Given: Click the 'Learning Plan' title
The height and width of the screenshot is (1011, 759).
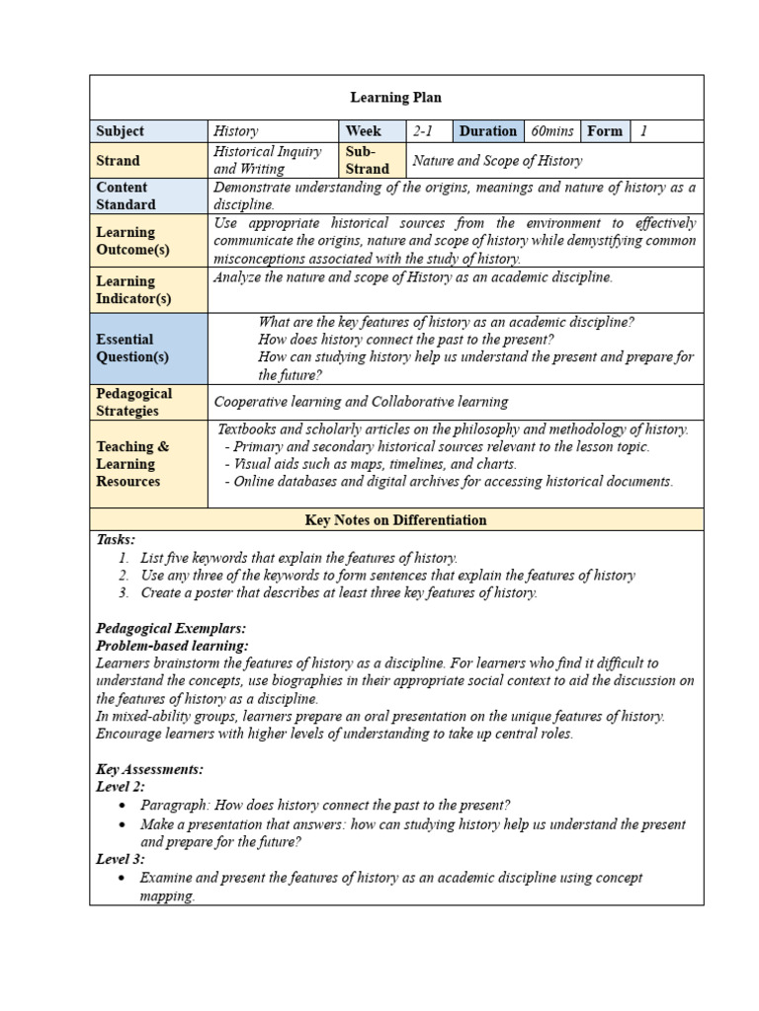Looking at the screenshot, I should pyautogui.click(x=395, y=98).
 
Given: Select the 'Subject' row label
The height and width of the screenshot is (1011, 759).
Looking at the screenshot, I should pyautogui.click(x=120, y=131).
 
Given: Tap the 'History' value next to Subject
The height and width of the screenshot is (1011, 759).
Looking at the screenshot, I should pyautogui.click(x=236, y=131).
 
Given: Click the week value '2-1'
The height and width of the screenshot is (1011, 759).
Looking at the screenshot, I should pyautogui.click(x=424, y=131).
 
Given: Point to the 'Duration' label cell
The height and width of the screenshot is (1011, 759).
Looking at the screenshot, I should pyautogui.click(x=487, y=131).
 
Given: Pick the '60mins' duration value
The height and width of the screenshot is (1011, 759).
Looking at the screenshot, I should pyautogui.click(x=551, y=131).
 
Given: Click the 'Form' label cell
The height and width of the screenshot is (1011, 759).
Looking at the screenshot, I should pyautogui.click(x=605, y=131).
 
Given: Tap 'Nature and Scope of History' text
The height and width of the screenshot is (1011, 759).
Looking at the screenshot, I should pyautogui.click(x=497, y=161).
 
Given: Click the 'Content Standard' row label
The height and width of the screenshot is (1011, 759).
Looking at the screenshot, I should pyautogui.click(x=126, y=195).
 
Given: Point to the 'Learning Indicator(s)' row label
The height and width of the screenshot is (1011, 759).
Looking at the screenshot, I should pyautogui.click(x=132, y=289).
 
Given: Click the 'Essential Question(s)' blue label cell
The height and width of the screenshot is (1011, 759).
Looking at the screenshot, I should pyautogui.click(x=132, y=348).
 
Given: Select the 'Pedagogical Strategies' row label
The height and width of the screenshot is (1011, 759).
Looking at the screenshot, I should pyautogui.click(x=133, y=402).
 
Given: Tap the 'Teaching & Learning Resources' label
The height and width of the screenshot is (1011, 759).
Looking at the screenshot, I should pyautogui.click(x=132, y=464).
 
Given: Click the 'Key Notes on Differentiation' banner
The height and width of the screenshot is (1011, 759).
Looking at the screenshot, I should pyautogui.click(x=395, y=519).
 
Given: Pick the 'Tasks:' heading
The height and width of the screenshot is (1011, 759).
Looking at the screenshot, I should pyautogui.click(x=116, y=539).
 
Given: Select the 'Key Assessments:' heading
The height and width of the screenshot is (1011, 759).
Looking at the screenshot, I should pyautogui.click(x=149, y=769).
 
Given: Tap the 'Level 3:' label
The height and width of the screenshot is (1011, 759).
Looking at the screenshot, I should pyautogui.click(x=120, y=859).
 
